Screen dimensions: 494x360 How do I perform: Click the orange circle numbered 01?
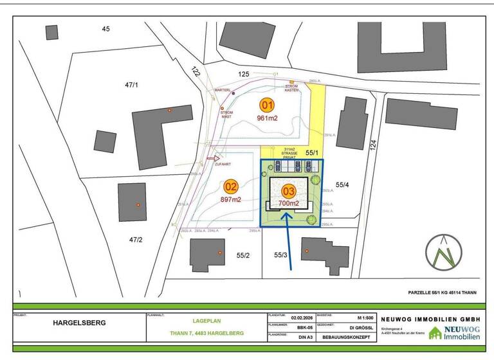click(x=267, y=105)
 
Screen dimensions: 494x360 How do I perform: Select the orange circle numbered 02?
click(x=231, y=187)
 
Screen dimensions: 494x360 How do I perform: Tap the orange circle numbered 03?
click(x=288, y=191)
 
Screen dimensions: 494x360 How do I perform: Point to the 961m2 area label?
click(x=267, y=118)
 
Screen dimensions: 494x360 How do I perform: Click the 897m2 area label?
click(x=231, y=200)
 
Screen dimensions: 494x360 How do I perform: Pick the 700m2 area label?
click(x=289, y=203)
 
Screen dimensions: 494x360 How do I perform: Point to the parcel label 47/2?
click(x=136, y=240)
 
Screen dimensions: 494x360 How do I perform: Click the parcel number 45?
click(x=106, y=28)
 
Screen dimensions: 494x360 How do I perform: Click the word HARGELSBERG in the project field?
click(x=79, y=323)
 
